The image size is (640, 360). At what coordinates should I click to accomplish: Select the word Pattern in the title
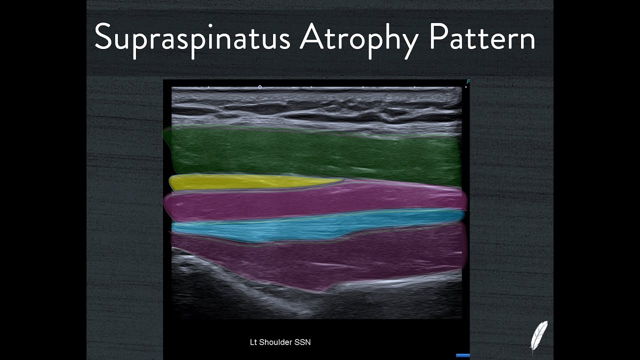(x=482, y=37)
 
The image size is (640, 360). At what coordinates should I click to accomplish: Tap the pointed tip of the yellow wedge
(x=342, y=179)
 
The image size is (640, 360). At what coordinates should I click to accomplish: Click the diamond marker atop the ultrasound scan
(x=259, y=87)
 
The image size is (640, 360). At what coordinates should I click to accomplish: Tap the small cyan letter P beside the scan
(x=468, y=81)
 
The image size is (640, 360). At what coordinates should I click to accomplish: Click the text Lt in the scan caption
(x=253, y=342)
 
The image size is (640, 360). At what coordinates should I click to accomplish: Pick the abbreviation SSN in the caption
(x=303, y=342)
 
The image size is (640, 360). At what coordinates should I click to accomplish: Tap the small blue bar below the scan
(x=462, y=355)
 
